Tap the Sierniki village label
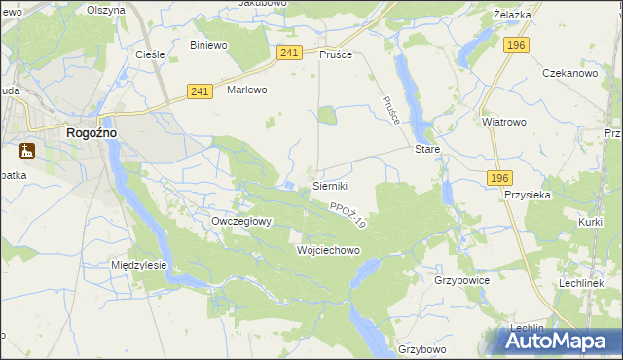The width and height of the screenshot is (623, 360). click(x=329, y=185)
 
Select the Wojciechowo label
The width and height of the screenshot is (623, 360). click(x=328, y=250)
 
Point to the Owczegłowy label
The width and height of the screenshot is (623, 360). click(x=241, y=221)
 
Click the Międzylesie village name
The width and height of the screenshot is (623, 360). click(x=139, y=264)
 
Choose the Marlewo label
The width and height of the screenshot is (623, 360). click(x=246, y=89)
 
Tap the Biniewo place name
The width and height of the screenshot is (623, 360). click(x=208, y=45)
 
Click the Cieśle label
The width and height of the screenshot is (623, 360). click(x=148, y=54)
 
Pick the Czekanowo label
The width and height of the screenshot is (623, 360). click(x=568, y=73)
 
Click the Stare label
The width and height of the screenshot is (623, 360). click(x=428, y=150)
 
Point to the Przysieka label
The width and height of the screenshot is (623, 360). click(x=529, y=194)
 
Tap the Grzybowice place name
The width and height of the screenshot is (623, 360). click(x=461, y=279)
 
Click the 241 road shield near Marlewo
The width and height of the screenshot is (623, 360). click(x=201, y=90)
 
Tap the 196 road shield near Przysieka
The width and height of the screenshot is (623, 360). click(x=498, y=177)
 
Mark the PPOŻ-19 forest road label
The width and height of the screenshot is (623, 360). click(x=347, y=215)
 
